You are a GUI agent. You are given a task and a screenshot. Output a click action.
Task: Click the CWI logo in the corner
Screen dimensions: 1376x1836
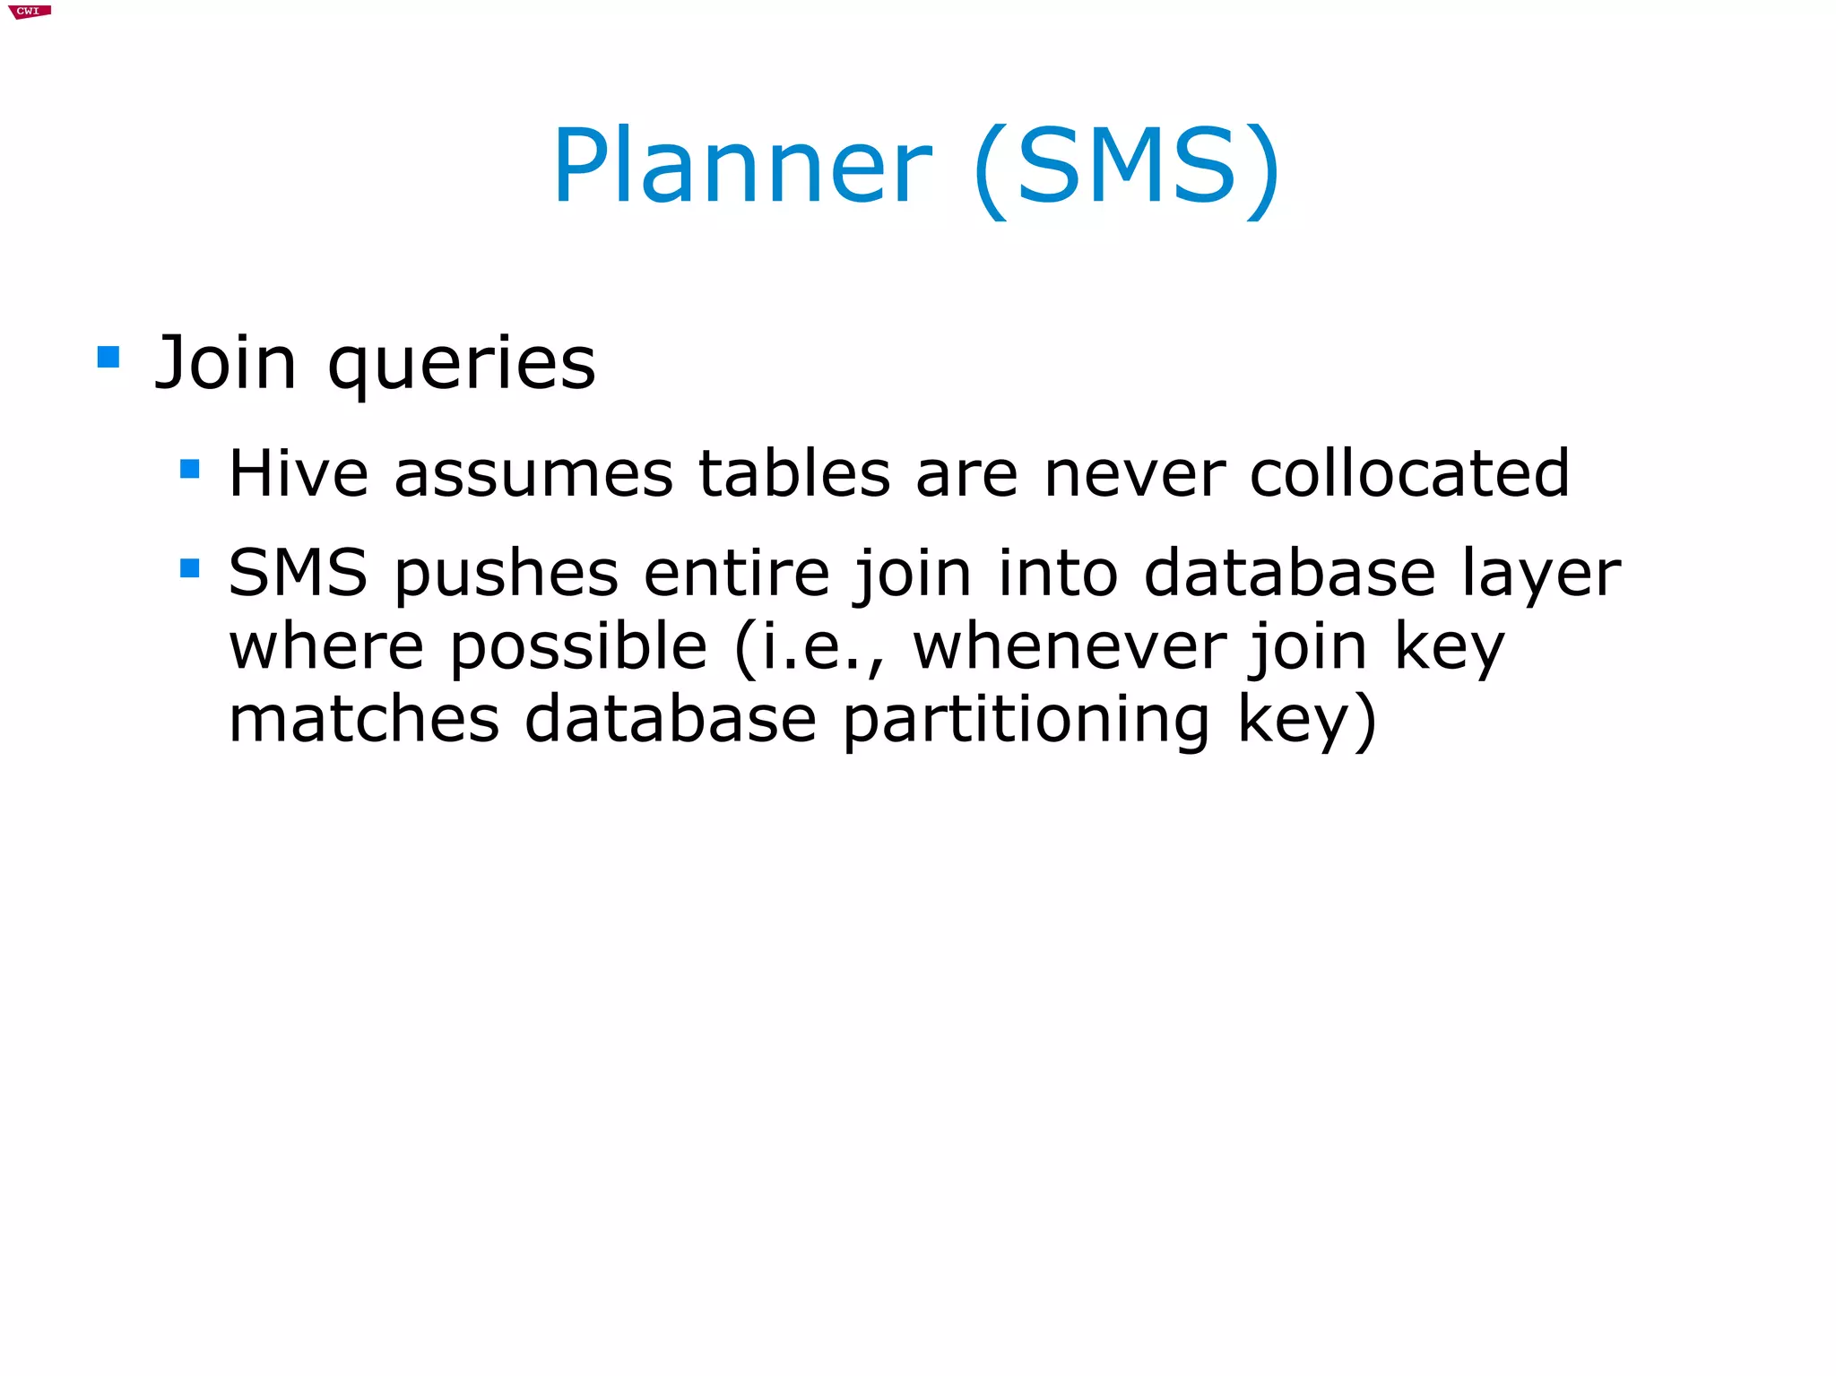coord(30,12)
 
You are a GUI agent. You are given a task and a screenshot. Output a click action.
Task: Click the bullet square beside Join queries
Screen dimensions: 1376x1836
coord(108,358)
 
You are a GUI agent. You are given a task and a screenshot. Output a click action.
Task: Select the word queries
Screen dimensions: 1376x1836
coord(462,365)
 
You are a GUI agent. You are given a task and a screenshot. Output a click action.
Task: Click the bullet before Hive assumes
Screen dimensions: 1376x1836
coord(189,469)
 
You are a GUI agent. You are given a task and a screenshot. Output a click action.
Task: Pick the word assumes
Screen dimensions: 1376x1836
coord(533,475)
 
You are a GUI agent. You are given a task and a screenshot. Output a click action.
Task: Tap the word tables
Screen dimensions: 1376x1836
coord(794,473)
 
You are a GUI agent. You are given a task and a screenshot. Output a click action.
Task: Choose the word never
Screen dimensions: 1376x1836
coord(1135,475)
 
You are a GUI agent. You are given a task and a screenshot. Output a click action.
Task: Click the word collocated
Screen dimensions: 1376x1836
coord(1409,473)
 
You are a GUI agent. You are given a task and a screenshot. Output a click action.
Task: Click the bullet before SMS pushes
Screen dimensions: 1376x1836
coord(189,568)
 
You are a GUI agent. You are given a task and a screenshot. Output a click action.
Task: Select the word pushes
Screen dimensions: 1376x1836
coord(507,575)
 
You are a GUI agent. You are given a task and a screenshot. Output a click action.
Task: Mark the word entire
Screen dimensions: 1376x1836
coord(737,573)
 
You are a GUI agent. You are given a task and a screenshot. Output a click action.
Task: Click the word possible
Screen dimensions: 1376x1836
coord(578,647)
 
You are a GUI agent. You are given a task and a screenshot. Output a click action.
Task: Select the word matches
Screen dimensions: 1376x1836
coord(364,720)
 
